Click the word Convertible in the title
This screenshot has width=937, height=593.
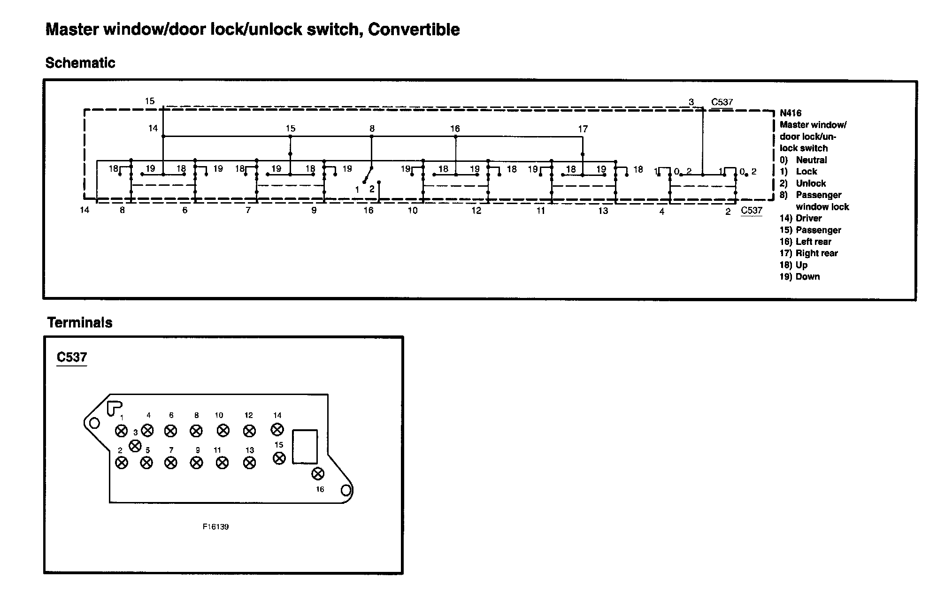pos(414,30)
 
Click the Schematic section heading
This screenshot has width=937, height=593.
pos(80,63)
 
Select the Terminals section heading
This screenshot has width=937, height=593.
pos(80,323)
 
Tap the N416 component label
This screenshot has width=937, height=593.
pos(791,113)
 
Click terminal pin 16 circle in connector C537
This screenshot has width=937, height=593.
pos(318,474)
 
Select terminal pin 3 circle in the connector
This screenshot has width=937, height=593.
pos(135,445)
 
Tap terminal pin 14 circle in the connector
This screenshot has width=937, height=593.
pos(277,429)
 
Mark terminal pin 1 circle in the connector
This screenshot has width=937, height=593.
pos(121,431)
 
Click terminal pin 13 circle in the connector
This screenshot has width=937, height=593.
pos(250,463)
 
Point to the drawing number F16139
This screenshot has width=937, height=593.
pos(215,527)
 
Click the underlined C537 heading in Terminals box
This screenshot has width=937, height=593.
pos(72,357)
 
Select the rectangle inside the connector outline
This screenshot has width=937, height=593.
pos(305,447)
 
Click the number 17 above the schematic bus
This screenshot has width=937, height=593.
pos(583,129)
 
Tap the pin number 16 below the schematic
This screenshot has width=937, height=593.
pos(369,211)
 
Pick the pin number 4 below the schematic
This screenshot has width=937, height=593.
pos(662,212)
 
